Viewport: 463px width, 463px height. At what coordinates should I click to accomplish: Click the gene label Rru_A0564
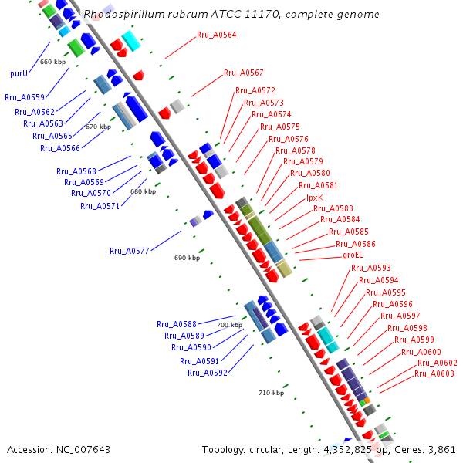pos(217,35)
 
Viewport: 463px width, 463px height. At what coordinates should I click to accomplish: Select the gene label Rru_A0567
pos(244,73)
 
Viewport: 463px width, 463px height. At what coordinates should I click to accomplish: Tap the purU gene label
pos(19,74)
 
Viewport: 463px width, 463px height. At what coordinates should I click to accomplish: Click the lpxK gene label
pos(315,198)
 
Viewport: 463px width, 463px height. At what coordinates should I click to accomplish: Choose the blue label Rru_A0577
pos(130,251)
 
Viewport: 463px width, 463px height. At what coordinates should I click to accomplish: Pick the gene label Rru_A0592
pos(208,373)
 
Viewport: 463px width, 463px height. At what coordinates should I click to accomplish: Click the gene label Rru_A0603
pos(434,373)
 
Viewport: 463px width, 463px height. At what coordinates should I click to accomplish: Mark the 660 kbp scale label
pos(53,62)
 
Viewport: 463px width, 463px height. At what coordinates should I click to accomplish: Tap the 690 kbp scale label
pos(187,258)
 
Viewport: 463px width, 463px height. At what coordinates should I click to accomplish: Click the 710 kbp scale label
pos(271,393)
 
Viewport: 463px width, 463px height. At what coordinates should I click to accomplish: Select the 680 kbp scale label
pos(143,191)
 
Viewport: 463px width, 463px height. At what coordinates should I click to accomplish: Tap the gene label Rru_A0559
pos(25,97)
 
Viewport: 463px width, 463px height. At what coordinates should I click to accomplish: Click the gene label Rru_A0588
pos(177,324)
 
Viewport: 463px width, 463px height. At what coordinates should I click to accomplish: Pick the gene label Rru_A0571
pos(100,206)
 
